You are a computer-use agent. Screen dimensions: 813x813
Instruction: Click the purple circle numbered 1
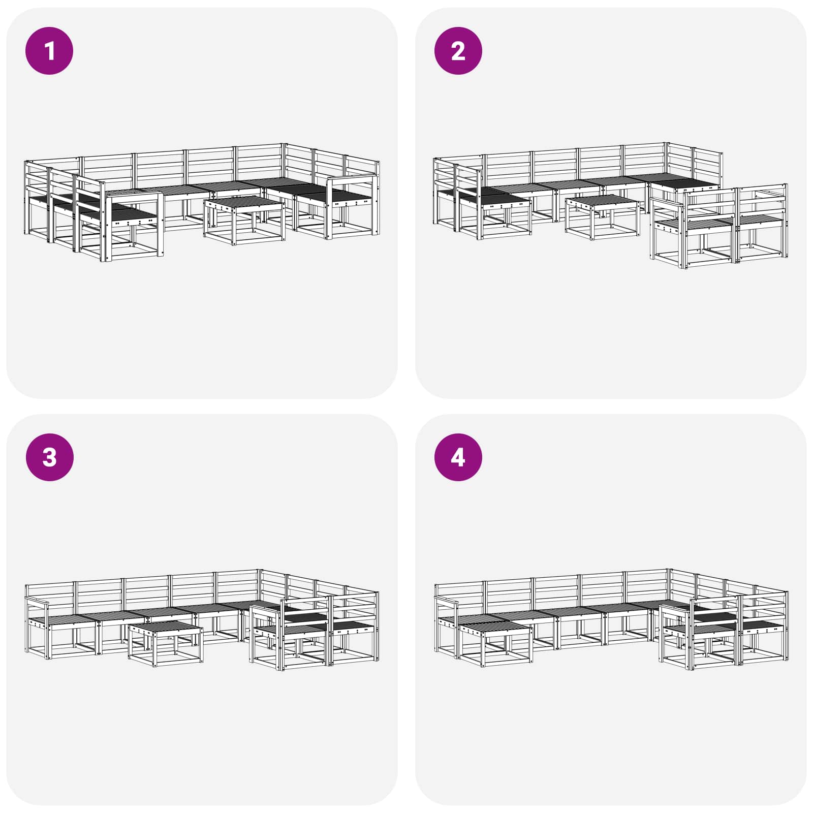point(49,51)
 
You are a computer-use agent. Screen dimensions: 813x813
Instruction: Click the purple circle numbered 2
point(458,51)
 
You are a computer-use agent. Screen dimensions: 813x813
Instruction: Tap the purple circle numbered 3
point(49,457)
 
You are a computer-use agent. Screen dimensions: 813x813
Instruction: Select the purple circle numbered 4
point(458,457)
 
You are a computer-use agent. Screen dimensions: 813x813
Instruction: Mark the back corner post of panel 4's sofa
point(669,589)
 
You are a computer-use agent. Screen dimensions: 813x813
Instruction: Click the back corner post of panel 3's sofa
point(259,589)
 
